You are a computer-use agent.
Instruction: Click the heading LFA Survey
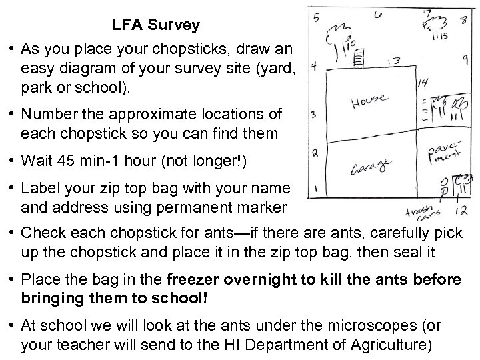(x=155, y=26)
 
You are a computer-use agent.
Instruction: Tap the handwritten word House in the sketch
(x=369, y=101)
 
